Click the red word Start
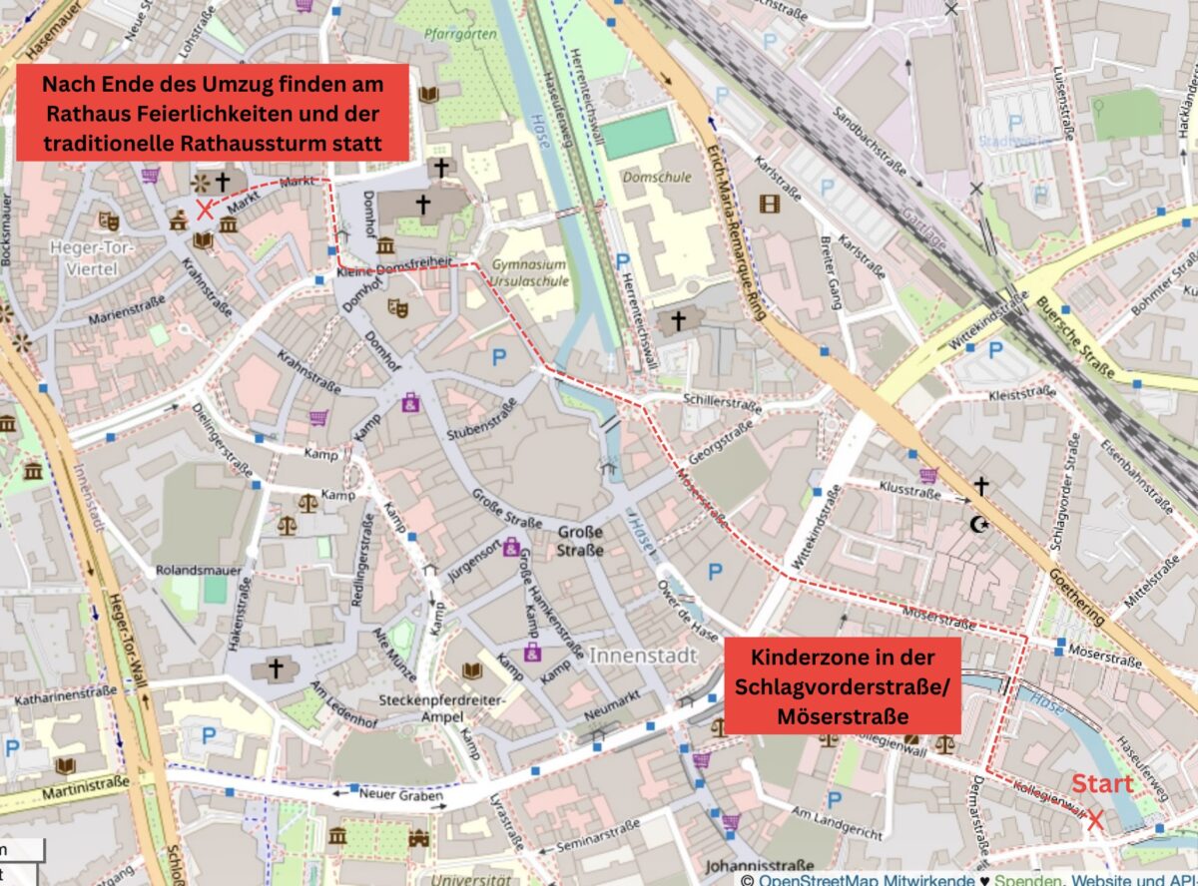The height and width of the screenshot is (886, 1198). (x=1102, y=784)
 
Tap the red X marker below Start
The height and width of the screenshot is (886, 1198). (x=1094, y=820)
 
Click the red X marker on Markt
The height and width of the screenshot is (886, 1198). (x=206, y=209)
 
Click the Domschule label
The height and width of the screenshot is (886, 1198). (x=649, y=177)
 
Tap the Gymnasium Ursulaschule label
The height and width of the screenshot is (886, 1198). (x=529, y=273)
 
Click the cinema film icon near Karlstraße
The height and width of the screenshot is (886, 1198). (x=769, y=204)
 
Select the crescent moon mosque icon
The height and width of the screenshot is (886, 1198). (x=978, y=524)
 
